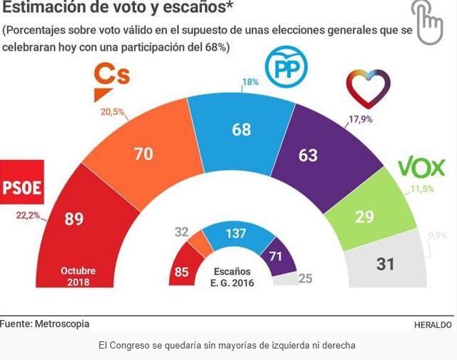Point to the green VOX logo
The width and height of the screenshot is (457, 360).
pyautogui.click(x=421, y=169)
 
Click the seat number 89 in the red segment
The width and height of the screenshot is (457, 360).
pyautogui.click(x=74, y=219)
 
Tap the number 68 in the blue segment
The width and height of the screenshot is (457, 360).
pyautogui.click(x=241, y=129)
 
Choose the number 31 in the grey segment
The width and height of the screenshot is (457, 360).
pyautogui.click(x=385, y=264)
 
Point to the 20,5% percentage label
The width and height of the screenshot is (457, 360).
pyautogui.click(x=112, y=112)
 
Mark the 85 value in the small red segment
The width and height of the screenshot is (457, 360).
pyautogui.click(x=181, y=271)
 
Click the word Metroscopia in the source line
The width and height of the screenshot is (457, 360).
pyautogui.click(x=61, y=324)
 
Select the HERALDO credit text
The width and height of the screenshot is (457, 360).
pyautogui.click(x=433, y=325)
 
